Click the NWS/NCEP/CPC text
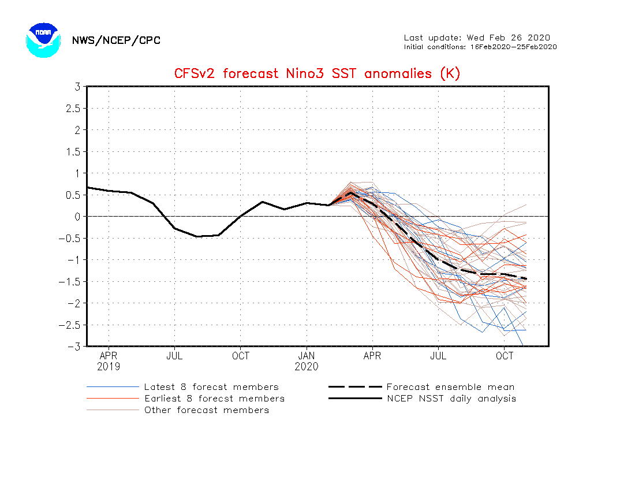[x=116, y=40]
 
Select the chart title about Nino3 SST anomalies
[x=317, y=74]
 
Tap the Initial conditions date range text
[x=480, y=47]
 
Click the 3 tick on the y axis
[x=77, y=87]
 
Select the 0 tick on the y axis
[x=77, y=217]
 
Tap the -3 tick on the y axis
[x=74, y=347]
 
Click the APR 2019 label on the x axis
[x=109, y=361]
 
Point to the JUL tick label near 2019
[x=174, y=356]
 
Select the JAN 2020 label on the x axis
[x=307, y=361]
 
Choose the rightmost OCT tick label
[x=505, y=356]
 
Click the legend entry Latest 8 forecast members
[x=211, y=387]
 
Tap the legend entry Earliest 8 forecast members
[x=214, y=399]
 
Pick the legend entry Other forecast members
[x=207, y=410]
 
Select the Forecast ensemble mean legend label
[x=450, y=387]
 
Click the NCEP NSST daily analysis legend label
[x=451, y=399]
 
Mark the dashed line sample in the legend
[x=355, y=387]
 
